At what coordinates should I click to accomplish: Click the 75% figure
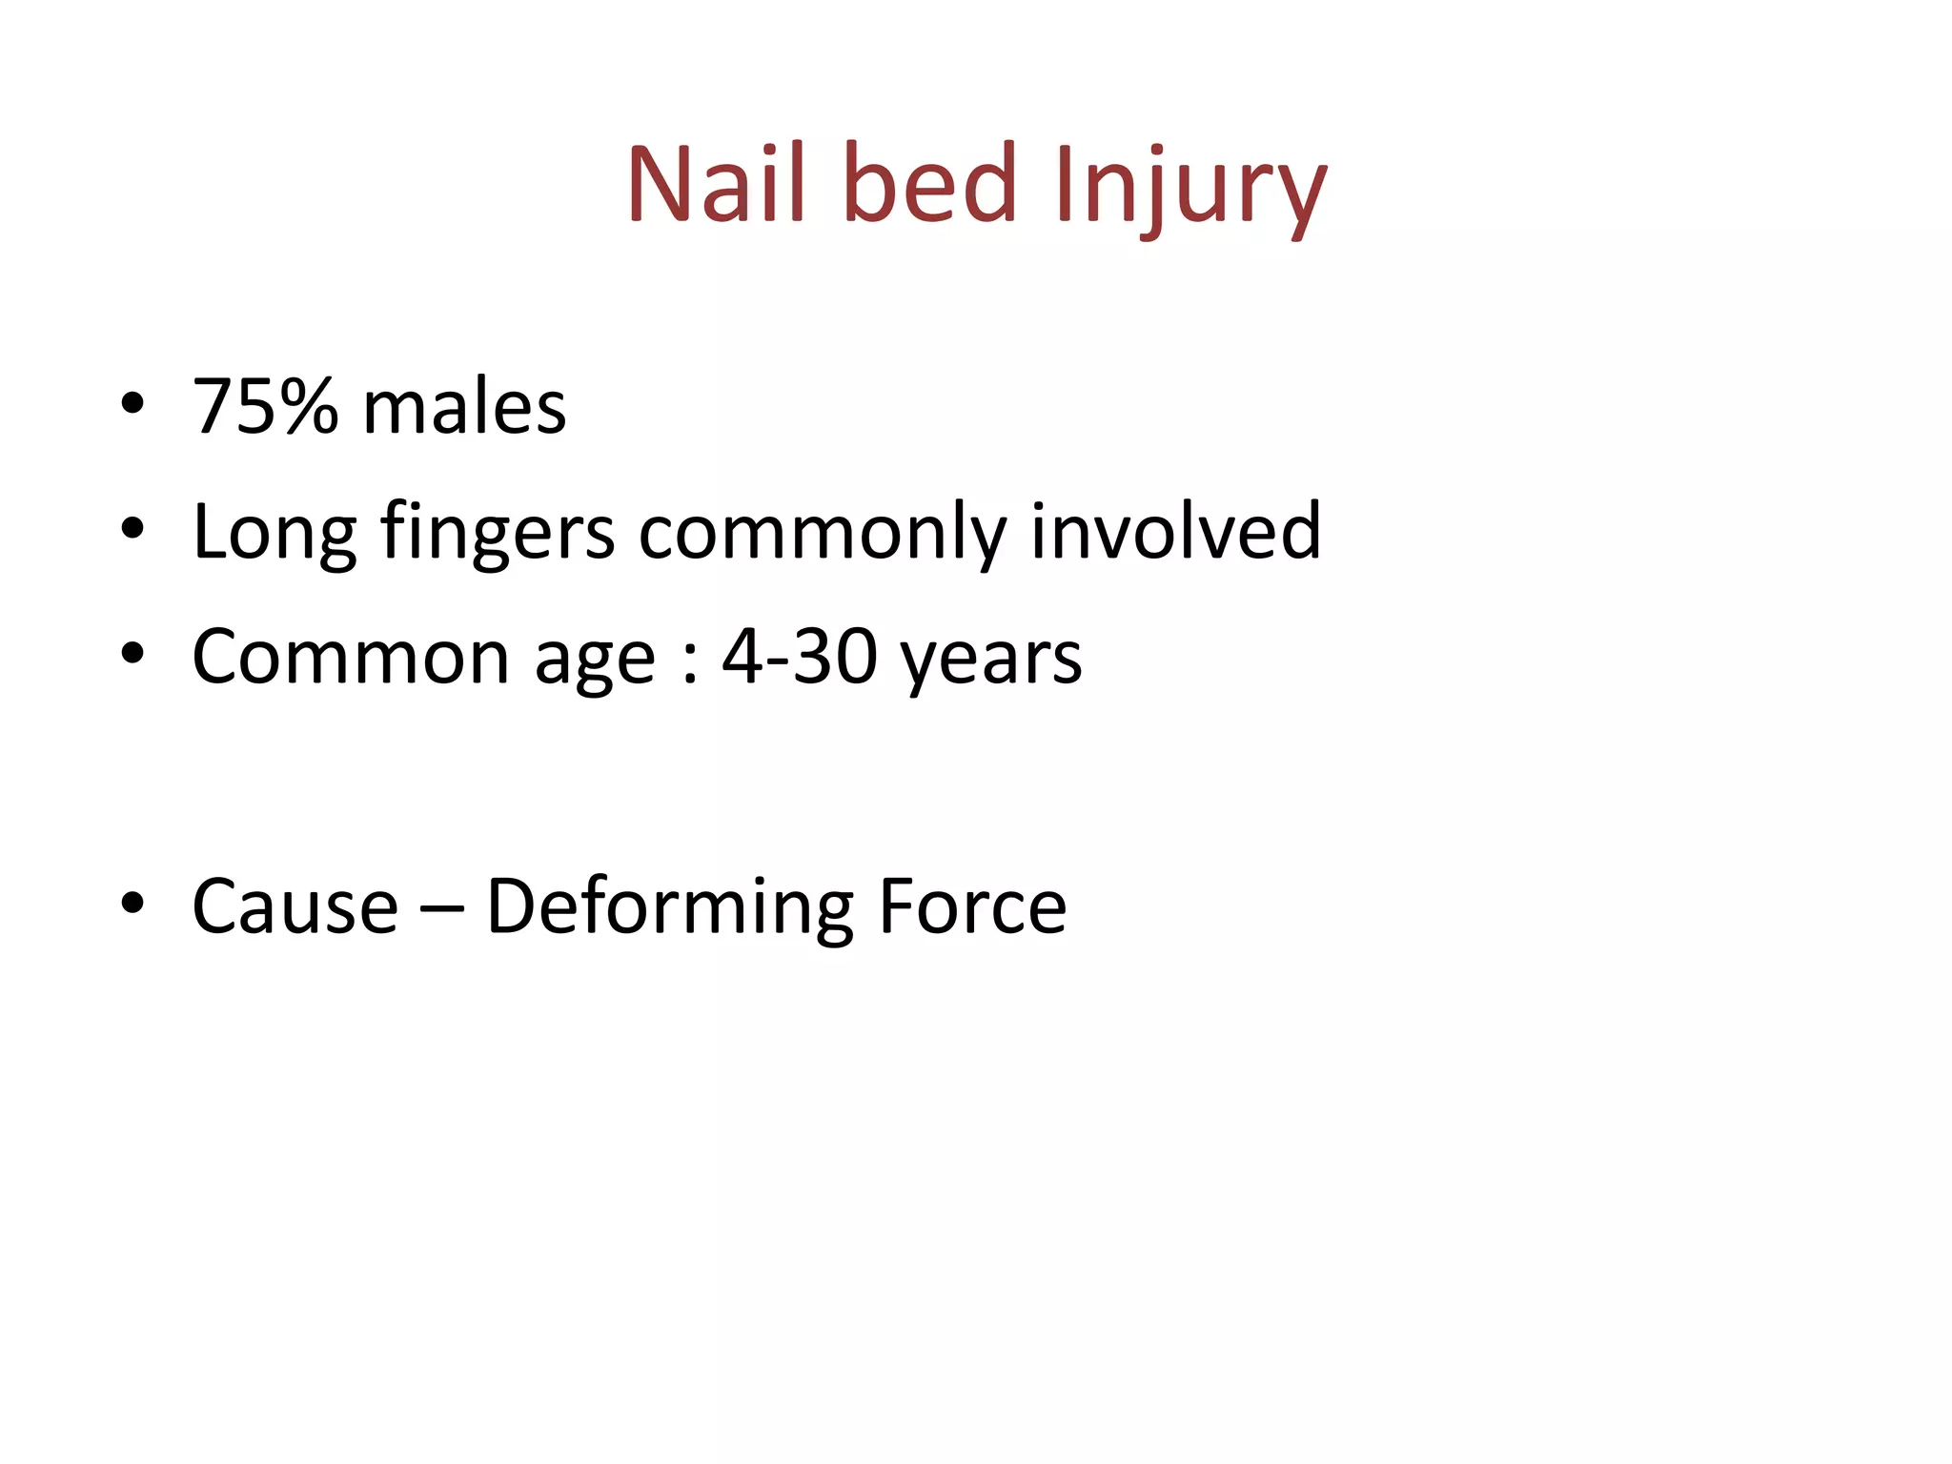pyautogui.click(x=265, y=407)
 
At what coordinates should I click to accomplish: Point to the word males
pyautogui.click(x=464, y=407)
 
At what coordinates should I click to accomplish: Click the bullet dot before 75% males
pyautogui.click(x=132, y=404)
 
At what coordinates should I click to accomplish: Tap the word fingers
pyautogui.click(x=497, y=534)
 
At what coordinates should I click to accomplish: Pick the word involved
pyautogui.click(x=1175, y=531)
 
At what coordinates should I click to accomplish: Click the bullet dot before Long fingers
pyautogui.click(x=132, y=528)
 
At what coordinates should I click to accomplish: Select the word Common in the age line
pyautogui.click(x=351, y=657)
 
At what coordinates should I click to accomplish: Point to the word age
pyautogui.click(x=595, y=661)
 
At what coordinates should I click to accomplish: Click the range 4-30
pyautogui.click(x=799, y=657)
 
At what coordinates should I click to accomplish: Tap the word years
pyautogui.click(x=991, y=661)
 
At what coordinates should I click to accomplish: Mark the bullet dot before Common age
pyautogui.click(x=132, y=654)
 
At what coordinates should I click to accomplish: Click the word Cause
pyautogui.click(x=295, y=906)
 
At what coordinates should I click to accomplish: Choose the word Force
pyautogui.click(x=971, y=906)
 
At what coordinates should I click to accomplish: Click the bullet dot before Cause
pyautogui.click(x=132, y=903)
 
